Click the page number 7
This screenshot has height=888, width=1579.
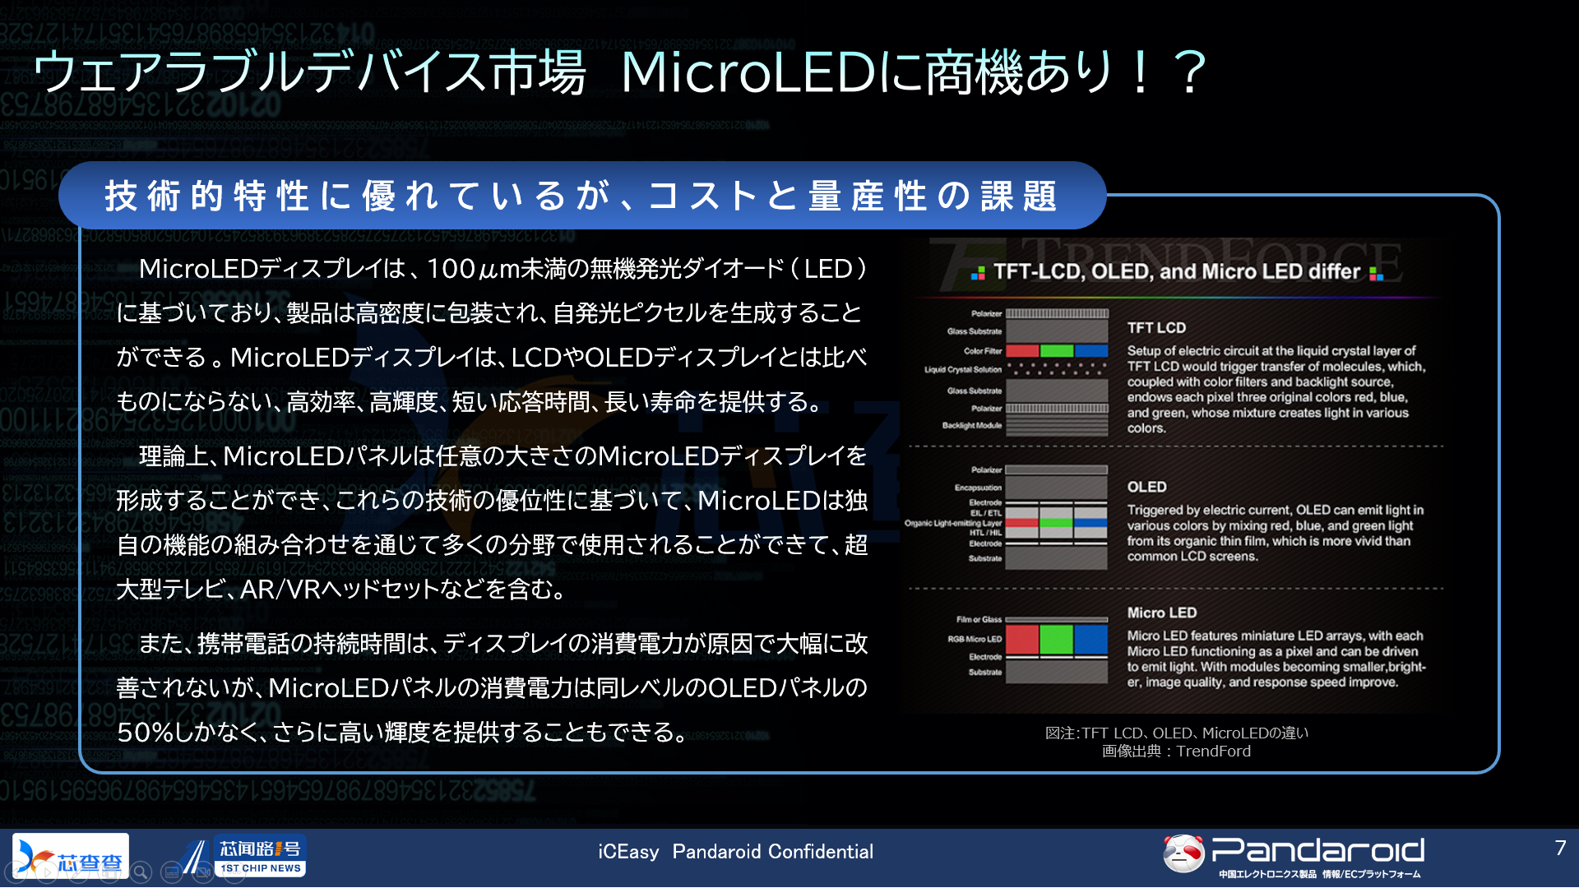coord(1560,848)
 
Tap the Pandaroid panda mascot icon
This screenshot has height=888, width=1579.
coord(1183,853)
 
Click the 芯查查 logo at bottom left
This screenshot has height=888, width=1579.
coord(72,856)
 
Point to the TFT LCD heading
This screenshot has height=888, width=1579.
coord(1156,327)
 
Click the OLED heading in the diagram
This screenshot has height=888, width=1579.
coord(1146,487)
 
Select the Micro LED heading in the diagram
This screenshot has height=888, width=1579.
coord(1161,613)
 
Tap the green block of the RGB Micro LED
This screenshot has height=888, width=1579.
coord(1056,639)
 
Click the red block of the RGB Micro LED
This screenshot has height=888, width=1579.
coord(1022,639)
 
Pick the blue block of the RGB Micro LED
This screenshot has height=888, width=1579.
coord(1090,639)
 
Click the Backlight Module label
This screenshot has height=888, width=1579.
coord(972,426)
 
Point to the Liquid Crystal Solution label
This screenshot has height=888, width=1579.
coord(962,370)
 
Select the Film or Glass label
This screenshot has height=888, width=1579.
coord(979,620)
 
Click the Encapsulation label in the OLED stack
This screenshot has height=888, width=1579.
coord(978,488)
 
